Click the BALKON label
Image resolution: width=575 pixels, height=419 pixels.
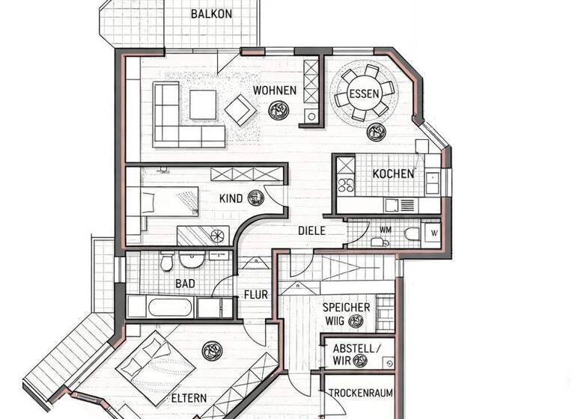click(x=211, y=13)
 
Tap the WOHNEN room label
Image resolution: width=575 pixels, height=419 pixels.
click(x=274, y=91)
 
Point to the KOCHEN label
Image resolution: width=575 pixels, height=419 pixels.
click(x=393, y=174)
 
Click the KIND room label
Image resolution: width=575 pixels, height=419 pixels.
click(x=231, y=199)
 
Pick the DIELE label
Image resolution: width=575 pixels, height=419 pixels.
click(x=311, y=231)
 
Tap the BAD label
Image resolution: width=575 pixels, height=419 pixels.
click(x=185, y=284)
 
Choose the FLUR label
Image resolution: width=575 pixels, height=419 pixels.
click(x=255, y=295)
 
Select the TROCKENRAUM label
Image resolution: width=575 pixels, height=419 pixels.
click(x=360, y=393)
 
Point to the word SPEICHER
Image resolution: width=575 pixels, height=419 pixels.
click(x=346, y=308)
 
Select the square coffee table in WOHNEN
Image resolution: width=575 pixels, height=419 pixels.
click(x=203, y=105)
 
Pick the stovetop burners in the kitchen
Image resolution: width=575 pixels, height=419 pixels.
click(x=347, y=183)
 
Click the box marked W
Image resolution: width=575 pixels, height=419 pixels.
click(x=433, y=233)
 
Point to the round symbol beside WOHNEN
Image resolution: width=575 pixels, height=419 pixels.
click(x=279, y=111)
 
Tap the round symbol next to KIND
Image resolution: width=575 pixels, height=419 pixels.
click(x=256, y=198)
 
